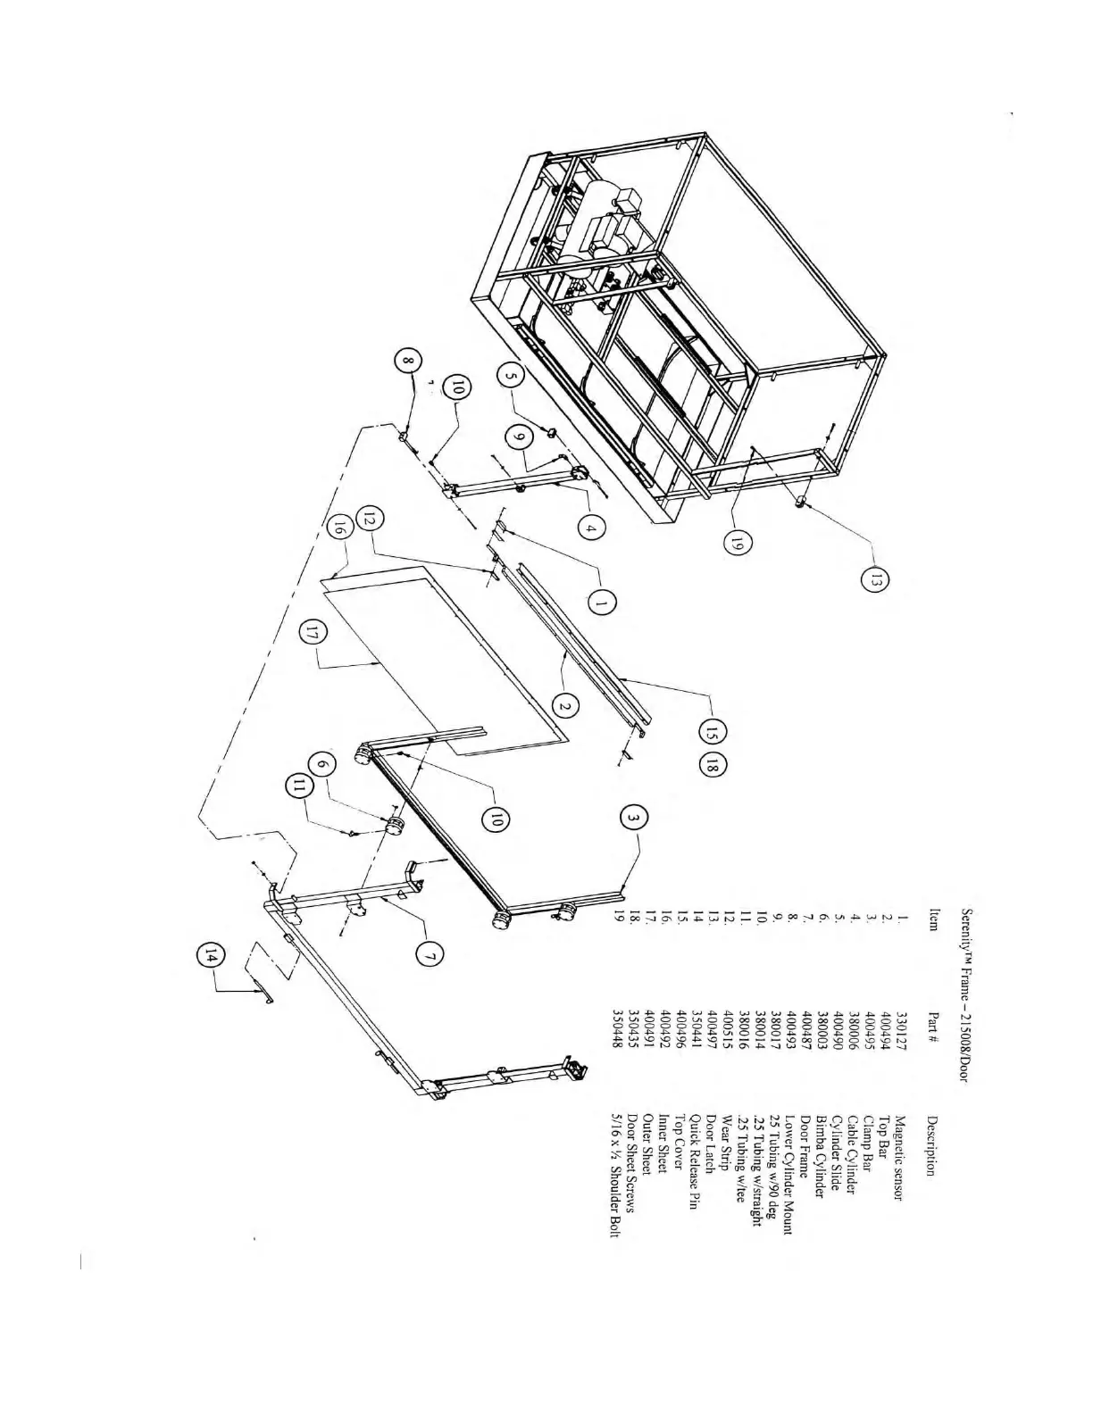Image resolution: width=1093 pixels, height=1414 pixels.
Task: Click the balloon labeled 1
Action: tap(602, 603)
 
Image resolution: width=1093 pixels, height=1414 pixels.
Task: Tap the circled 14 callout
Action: tap(209, 957)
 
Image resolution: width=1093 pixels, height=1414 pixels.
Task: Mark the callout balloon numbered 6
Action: tap(323, 764)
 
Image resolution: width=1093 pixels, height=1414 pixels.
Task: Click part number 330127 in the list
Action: tap(899, 1027)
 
